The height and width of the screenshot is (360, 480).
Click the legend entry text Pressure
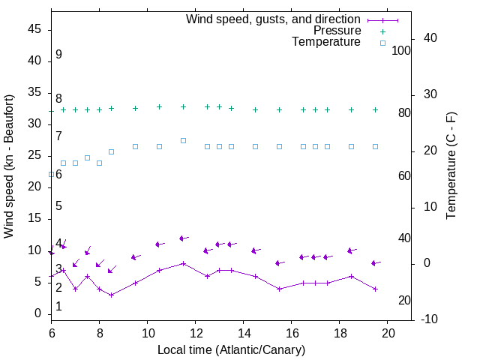click(337, 31)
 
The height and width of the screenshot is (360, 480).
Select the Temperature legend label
click(326, 42)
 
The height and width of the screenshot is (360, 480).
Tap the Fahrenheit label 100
click(401, 50)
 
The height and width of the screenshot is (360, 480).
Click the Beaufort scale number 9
click(58, 55)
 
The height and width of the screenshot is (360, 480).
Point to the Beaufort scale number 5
click(58, 206)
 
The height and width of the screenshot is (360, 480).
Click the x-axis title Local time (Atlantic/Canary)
click(232, 349)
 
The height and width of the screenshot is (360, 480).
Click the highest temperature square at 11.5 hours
click(183, 140)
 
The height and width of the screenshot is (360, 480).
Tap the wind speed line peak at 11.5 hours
click(183, 263)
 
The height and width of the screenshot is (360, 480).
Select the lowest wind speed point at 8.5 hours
click(111, 295)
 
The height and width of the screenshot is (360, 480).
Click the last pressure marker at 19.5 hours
click(375, 109)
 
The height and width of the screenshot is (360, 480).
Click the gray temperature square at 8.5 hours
click(111, 151)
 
